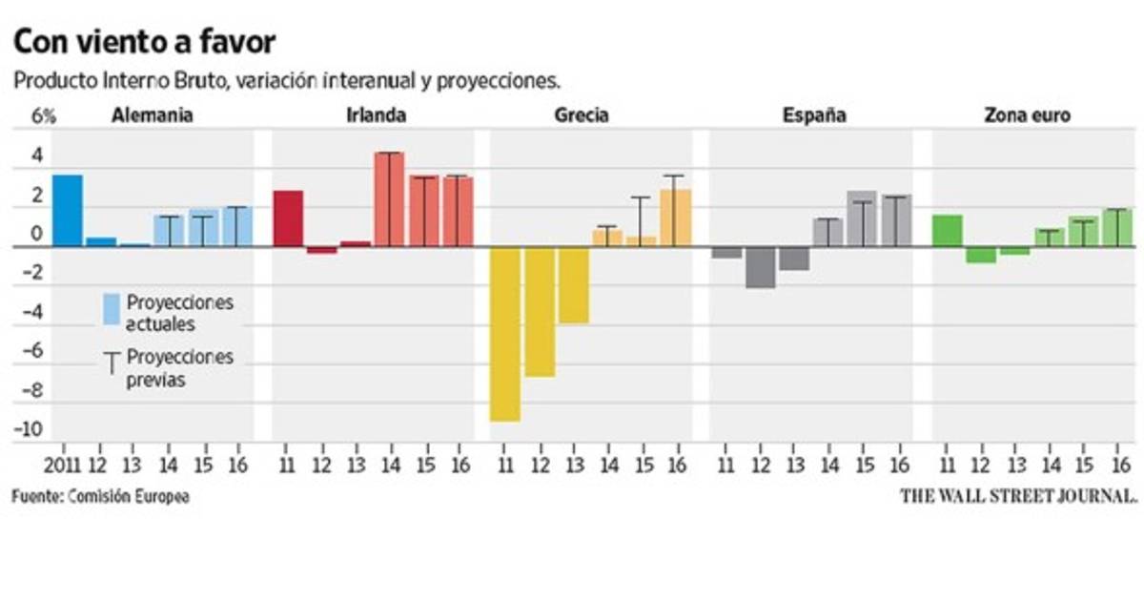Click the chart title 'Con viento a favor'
pyautogui.click(x=143, y=43)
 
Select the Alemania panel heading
pyautogui.click(x=153, y=115)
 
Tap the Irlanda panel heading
pyautogui.click(x=376, y=115)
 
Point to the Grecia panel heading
pyautogui.click(x=581, y=115)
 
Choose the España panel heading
pyautogui.click(x=814, y=115)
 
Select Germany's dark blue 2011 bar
pyautogui.click(x=67, y=210)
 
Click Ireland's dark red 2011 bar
pyautogui.click(x=288, y=218)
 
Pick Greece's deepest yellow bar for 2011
pyautogui.click(x=504, y=334)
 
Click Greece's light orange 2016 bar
pyautogui.click(x=675, y=218)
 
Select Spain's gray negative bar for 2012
pyautogui.click(x=760, y=267)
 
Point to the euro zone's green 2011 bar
pyautogui.click(x=947, y=230)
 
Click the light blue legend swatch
pyautogui.click(x=111, y=309)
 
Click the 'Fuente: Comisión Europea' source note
pyautogui.click(x=100, y=496)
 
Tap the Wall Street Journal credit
pyautogui.click(x=1019, y=496)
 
